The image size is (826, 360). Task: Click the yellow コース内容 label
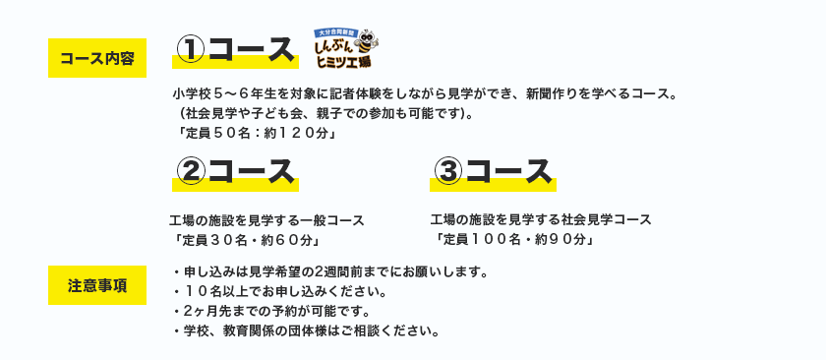tap(97, 58)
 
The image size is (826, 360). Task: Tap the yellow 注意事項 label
tap(97, 285)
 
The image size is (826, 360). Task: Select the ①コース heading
tap(235, 50)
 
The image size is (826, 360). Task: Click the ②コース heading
tap(235, 173)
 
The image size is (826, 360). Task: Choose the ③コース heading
tap(493, 173)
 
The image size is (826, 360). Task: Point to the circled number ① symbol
tap(190, 51)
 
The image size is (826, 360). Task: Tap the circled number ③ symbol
tap(447, 173)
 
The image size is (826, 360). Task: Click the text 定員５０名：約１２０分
tap(256, 134)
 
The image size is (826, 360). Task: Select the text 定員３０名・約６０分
tap(248, 240)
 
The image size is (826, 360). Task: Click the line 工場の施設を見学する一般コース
tap(266, 220)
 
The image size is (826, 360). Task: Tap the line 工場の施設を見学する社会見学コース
tap(541, 219)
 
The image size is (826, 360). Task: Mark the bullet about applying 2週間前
tap(328, 272)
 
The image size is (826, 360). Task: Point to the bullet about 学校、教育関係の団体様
tap(306, 331)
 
